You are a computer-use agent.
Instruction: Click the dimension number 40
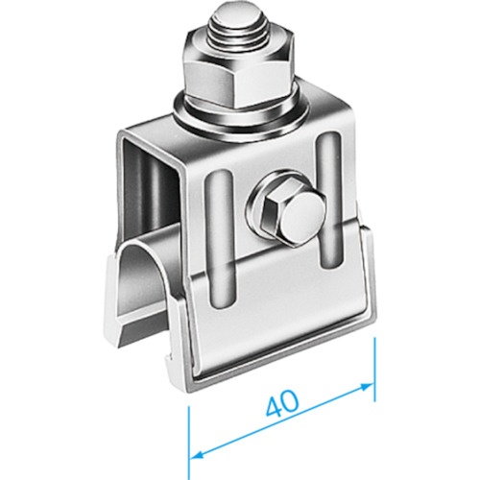282,404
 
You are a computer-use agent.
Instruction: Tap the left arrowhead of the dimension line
201,453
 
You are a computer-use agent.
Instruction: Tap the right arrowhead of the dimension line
367,387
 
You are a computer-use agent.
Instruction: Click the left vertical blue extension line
189,443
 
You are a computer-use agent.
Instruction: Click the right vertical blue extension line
374,369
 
